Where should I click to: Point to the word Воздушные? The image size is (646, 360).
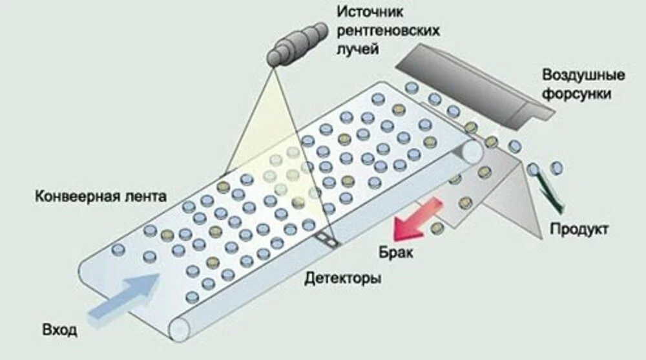583,75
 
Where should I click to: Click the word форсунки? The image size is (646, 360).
577,94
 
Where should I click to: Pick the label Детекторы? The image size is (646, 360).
342,279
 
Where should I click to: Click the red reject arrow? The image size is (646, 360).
418,218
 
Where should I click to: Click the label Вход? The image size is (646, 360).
59,330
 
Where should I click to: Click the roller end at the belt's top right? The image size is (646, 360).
474,151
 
